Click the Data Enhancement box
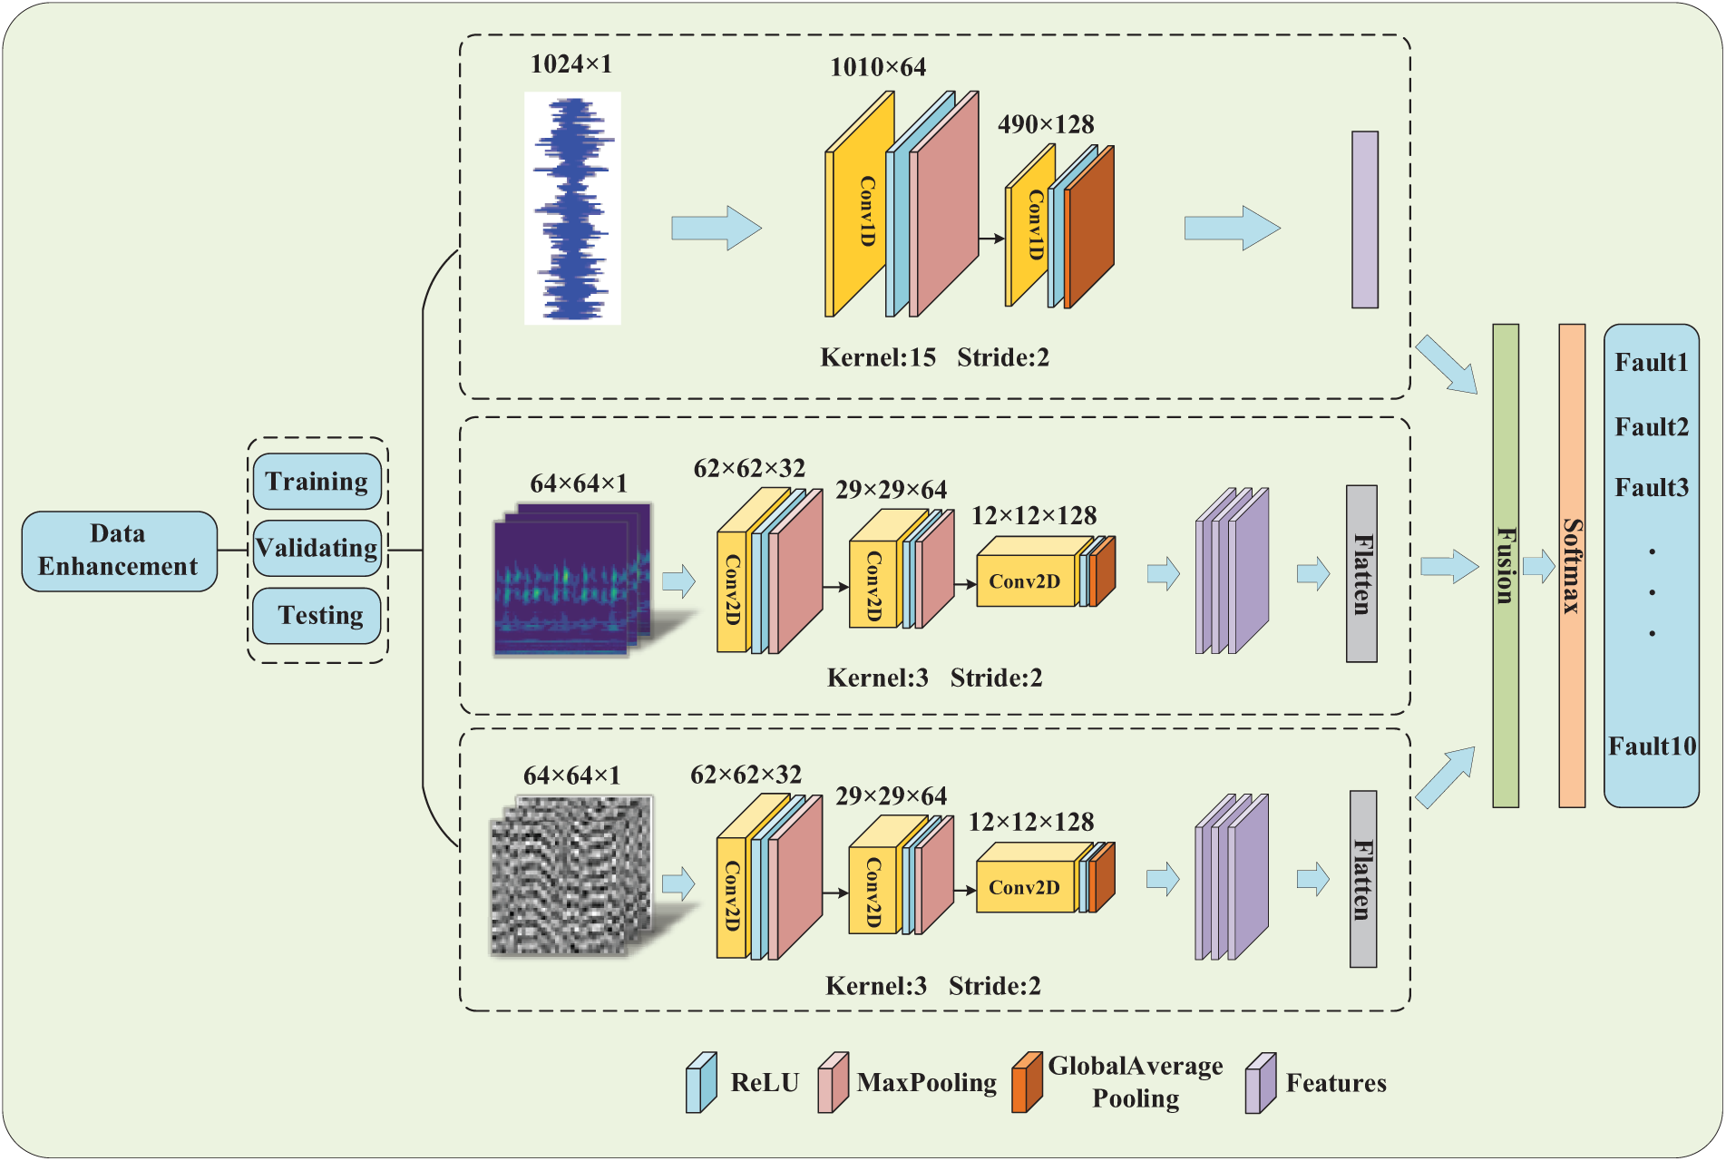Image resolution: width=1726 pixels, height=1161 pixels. (120, 551)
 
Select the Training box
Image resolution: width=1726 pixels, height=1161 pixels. (317, 482)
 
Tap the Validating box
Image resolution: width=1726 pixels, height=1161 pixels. (317, 548)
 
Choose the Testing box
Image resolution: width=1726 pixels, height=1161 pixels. (317, 615)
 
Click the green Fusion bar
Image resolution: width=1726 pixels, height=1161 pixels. (1506, 566)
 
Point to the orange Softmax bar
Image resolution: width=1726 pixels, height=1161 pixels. (1572, 566)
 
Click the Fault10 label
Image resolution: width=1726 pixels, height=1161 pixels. (1652, 746)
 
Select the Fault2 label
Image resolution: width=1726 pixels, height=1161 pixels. (1652, 426)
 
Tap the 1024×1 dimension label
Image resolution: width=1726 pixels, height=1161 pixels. (571, 64)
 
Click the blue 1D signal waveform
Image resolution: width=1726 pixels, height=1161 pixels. (573, 209)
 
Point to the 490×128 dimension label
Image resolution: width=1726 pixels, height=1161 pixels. (1046, 124)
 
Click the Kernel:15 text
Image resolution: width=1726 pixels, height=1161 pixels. (878, 357)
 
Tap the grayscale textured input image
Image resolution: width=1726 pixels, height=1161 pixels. (571, 876)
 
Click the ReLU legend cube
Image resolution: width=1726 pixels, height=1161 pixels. (701, 1082)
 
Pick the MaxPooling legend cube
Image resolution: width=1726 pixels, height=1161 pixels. (834, 1082)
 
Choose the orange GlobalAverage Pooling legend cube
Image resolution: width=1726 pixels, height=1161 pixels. (1027, 1082)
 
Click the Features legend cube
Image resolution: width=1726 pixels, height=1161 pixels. (1261, 1082)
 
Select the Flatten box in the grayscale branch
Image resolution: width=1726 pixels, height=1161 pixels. (1363, 879)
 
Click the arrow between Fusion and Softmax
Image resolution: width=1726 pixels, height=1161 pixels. (1539, 567)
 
